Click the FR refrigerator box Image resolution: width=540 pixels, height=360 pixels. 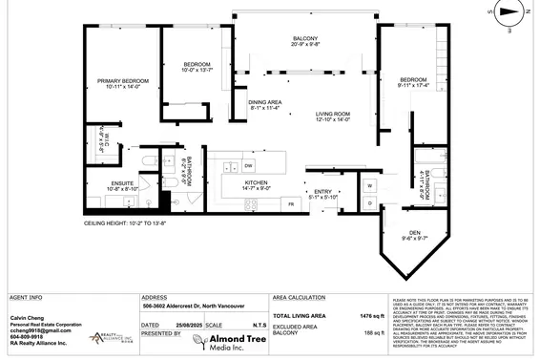pos(289,203)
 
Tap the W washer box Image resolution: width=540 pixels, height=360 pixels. pos(368,184)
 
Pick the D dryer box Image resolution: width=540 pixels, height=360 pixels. pos(368,202)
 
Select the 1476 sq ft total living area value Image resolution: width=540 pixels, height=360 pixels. pos(370,315)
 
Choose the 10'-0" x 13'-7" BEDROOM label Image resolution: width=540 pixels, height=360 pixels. pos(198,67)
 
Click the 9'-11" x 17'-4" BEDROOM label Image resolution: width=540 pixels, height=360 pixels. pos(412,82)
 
